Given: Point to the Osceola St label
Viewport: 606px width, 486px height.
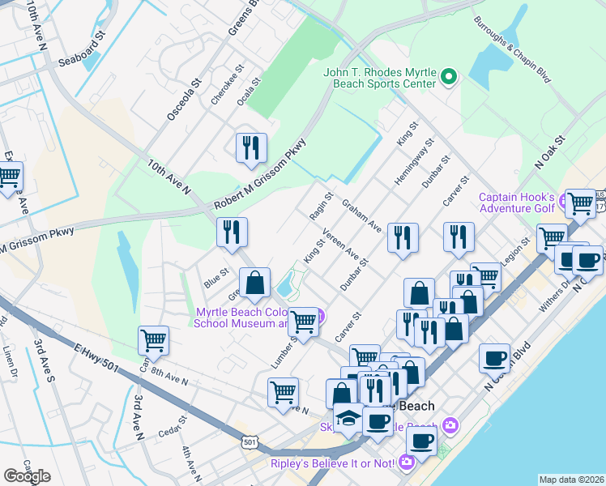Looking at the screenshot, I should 183,100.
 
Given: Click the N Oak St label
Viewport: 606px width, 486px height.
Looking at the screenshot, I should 554,151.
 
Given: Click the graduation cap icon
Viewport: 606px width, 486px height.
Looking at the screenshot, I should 349,417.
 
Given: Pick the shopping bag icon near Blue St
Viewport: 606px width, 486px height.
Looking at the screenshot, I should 254,283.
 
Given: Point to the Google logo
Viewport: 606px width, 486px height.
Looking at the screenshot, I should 27,475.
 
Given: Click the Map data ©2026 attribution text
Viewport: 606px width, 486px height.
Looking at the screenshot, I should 570,480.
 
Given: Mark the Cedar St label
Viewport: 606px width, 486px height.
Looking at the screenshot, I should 172,426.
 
